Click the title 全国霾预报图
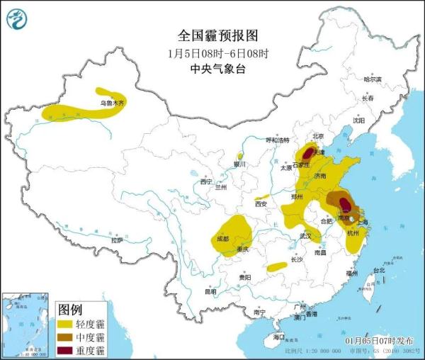[x=215, y=35]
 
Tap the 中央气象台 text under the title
[x=215, y=69]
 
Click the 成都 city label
[x=222, y=238]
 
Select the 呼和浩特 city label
[x=278, y=140]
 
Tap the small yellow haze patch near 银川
[x=240, y=155]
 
